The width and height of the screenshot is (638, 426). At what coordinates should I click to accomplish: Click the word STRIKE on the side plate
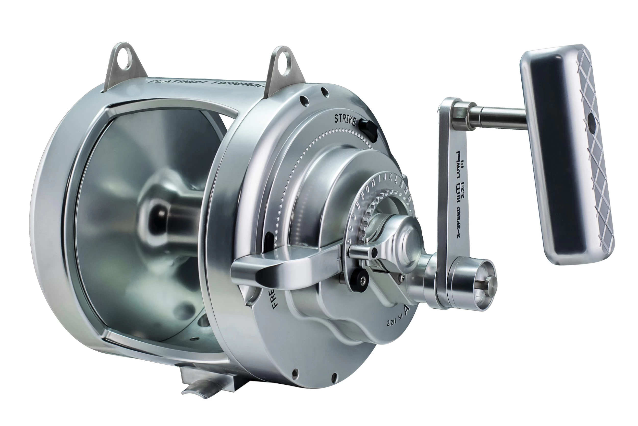[x=345, y=120]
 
